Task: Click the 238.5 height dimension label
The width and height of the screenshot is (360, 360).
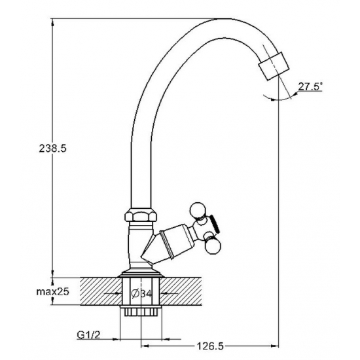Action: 52,149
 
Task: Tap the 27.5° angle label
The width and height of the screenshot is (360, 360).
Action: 310,86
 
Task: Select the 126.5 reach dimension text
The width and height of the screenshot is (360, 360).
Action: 210,346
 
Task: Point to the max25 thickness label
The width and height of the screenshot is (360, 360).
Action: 52,291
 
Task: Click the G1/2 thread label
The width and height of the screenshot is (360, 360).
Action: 88,335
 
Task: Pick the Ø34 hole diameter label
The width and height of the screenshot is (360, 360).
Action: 141,293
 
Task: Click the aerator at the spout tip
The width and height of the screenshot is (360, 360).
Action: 274,66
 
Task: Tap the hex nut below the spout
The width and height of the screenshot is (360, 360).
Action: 141,215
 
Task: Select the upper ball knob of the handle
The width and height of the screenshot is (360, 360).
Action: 198,210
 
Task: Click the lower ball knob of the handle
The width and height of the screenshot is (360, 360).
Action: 213,247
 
